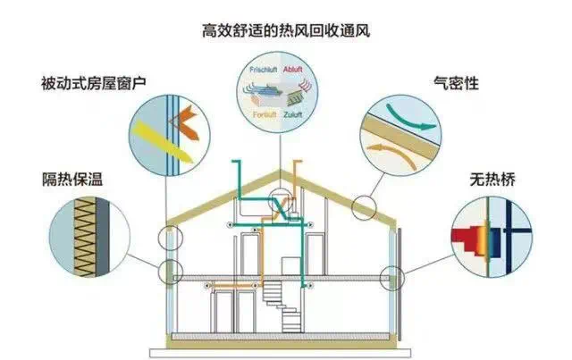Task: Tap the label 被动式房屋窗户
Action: click(93, 84)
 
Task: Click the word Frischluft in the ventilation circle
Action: click(263, 68)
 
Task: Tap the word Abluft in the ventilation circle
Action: click(298, 67)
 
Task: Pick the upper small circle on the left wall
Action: click(165, 239)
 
